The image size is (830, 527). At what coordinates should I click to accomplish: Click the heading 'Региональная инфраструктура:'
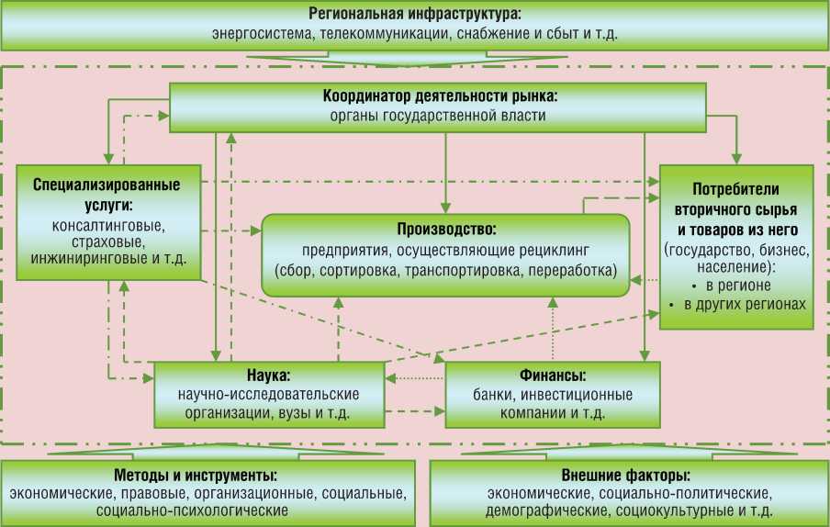pos(414,14)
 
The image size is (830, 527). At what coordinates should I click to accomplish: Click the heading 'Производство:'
pos(446,229)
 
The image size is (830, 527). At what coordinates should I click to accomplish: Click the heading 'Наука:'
pos(269,376)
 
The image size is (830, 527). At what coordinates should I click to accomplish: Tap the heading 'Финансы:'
pos(553,376)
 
